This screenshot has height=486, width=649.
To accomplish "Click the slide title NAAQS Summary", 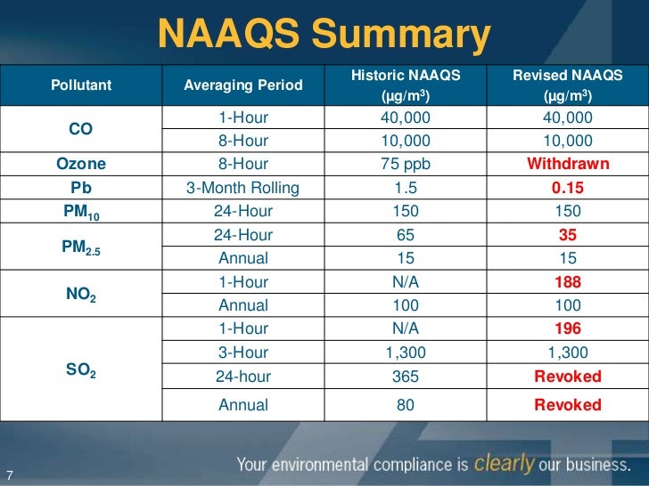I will point(324,35).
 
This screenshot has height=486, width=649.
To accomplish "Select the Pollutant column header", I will point(81,86).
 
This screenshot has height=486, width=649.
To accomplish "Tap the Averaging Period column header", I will point(242,86).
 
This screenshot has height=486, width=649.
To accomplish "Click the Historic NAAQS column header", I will point(406,86).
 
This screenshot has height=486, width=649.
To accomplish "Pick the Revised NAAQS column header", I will point(567,86).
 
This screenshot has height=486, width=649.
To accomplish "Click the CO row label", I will point(81,129).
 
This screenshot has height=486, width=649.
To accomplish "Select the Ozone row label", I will point(81,164).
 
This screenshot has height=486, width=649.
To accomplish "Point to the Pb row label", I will point(81,188).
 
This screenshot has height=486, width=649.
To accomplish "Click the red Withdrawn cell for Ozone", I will point(568,164).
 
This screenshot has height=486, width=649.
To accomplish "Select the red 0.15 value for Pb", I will point(568,188).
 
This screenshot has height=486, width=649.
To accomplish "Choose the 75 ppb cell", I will point(405,164).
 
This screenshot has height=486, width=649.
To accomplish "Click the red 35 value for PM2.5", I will point(568,236).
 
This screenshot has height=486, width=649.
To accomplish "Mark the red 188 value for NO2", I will point(568,282).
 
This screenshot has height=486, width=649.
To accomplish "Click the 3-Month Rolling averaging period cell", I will point(242,188).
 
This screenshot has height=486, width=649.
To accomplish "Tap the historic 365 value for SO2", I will point(405,377).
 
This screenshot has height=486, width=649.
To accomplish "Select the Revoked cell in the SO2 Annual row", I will point(568,405).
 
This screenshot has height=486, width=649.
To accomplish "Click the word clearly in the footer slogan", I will point(505,463).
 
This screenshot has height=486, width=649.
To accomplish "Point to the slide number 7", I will point(10,473).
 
